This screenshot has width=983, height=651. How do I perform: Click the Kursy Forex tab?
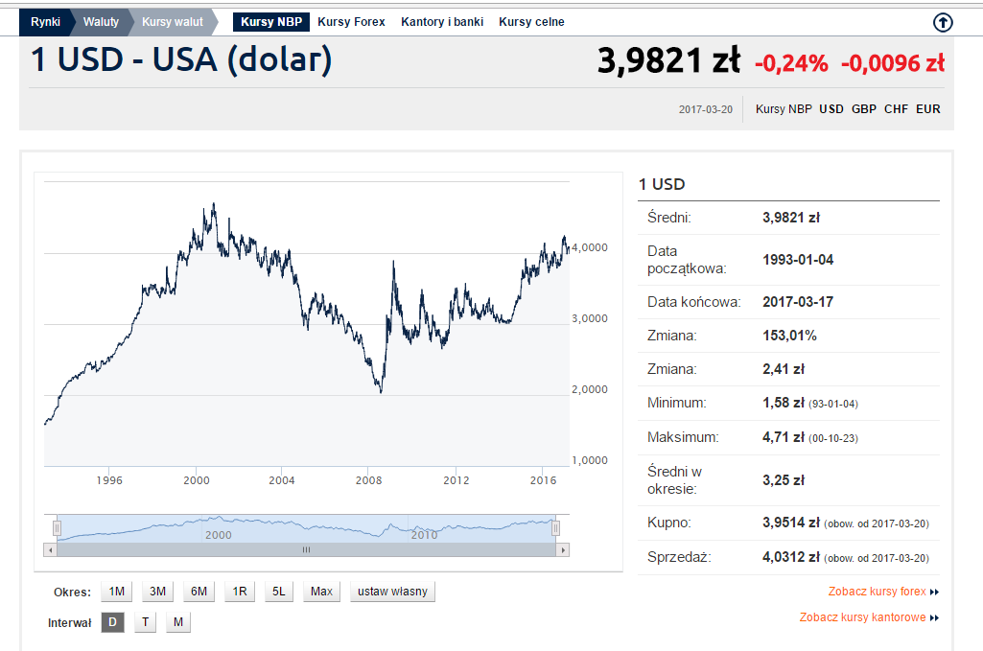tap(351, 22)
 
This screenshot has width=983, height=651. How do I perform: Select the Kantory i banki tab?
tap(442, 22)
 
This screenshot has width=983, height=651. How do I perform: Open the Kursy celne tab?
tap(531, 22)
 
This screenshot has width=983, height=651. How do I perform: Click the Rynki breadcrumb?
tap(45, 22)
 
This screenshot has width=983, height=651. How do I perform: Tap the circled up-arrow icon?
tap(943, 23)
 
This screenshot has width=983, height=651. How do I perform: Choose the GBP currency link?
tap(864, 109)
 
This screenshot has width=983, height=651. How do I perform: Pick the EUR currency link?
tap(927, 109)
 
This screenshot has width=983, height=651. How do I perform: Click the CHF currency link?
tap(896, 109)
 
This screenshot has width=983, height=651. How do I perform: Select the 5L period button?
tap(279, 592)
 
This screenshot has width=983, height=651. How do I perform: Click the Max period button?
tap(321, 592)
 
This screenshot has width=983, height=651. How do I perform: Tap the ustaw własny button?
tap(392, 592)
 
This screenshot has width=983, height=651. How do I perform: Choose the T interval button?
tap(146, 622)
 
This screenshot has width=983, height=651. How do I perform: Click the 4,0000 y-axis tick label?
tap(590, 247)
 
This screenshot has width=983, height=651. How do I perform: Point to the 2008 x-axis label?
tap(368, 480)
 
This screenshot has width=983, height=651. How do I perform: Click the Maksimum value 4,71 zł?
tap(784, 436)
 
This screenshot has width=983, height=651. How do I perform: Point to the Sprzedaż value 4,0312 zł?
tap(791, 556)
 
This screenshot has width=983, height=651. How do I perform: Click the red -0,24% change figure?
tap(792, 63)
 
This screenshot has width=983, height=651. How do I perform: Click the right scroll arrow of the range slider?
tap(563, 550)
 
